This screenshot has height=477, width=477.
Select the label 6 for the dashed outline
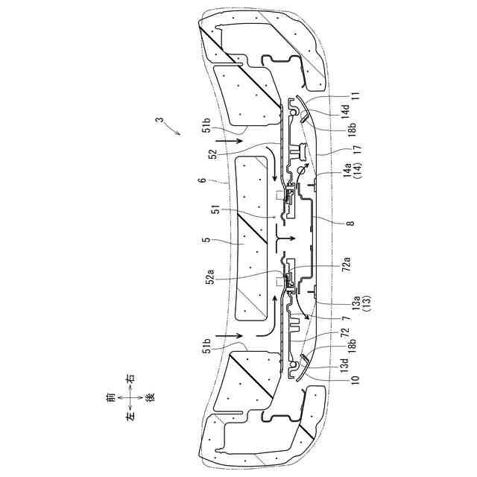click(202, 180)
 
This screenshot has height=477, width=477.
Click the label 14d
click(347, 109)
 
